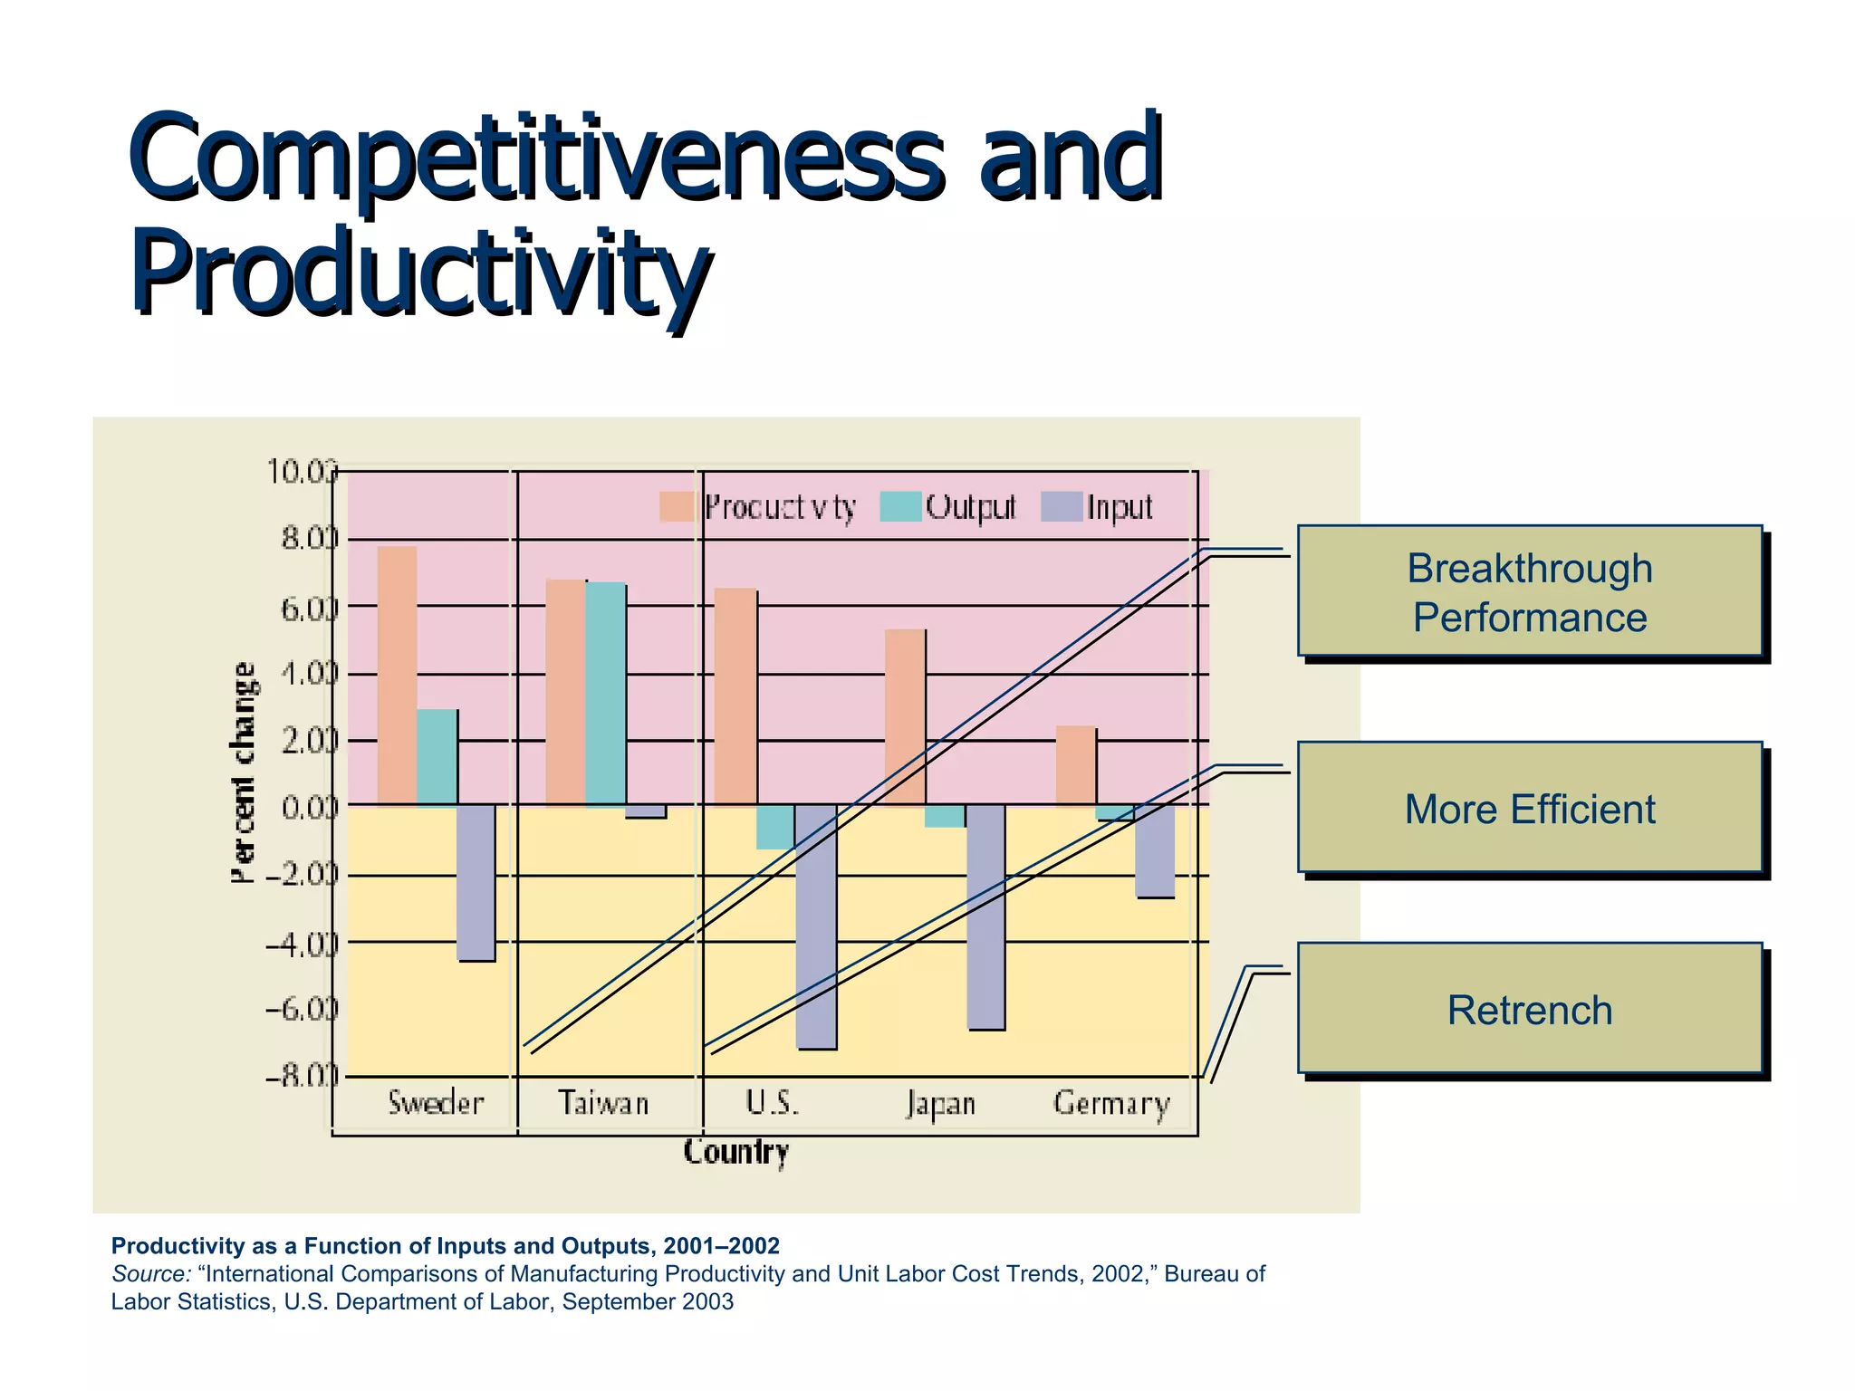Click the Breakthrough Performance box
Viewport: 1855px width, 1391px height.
click(x=1529, y=591)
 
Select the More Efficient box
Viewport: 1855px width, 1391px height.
click(x=1529, y=809)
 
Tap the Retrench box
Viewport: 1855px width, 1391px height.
click(x=1529, y=1009)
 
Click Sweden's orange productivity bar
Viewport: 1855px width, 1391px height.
click(x=397, y=675)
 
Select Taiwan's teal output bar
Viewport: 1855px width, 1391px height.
click(x=605, y=694)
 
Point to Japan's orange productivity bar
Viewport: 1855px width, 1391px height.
click(x=904, y=715)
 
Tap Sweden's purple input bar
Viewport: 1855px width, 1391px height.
click(x=476, y=883)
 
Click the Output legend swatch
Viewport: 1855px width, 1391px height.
click(x=900, y=507)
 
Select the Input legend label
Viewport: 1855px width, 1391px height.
click(x=1120, y=507)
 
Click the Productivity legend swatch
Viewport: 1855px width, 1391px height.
click(x=677, y=507)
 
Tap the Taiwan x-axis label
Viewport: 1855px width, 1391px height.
click(x=603, y=1103)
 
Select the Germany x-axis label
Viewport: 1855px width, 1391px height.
click(x=1111, y=1104)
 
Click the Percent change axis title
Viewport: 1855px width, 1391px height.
click(x=243, y=772)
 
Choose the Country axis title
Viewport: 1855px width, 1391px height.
click(x=735, y=1152)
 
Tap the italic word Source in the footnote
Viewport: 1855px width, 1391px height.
click(x=150, y=1274)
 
